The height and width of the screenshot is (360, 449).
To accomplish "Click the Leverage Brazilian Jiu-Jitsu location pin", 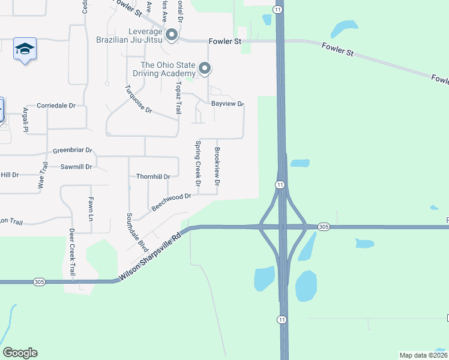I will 172,35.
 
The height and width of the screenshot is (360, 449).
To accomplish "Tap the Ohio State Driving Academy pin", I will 205,69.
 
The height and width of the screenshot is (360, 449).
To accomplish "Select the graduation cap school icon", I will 25,49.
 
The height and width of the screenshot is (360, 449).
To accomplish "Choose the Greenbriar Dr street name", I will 73,151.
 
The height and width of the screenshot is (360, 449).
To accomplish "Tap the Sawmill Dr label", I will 76,167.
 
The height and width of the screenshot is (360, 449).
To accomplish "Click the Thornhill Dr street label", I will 154,176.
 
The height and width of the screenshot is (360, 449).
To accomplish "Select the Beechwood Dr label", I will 171,202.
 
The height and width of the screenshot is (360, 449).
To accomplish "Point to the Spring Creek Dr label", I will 197,163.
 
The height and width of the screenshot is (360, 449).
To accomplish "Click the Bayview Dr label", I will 228,104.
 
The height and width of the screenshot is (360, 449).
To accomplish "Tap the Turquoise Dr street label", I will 139,100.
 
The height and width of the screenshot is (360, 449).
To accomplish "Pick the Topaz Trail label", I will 178,100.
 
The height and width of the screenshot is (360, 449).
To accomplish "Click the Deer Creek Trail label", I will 71,253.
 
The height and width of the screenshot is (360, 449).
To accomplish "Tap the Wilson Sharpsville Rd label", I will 150,257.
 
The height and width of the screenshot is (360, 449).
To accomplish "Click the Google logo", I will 20,353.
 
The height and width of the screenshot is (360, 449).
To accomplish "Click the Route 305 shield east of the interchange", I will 324,226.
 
